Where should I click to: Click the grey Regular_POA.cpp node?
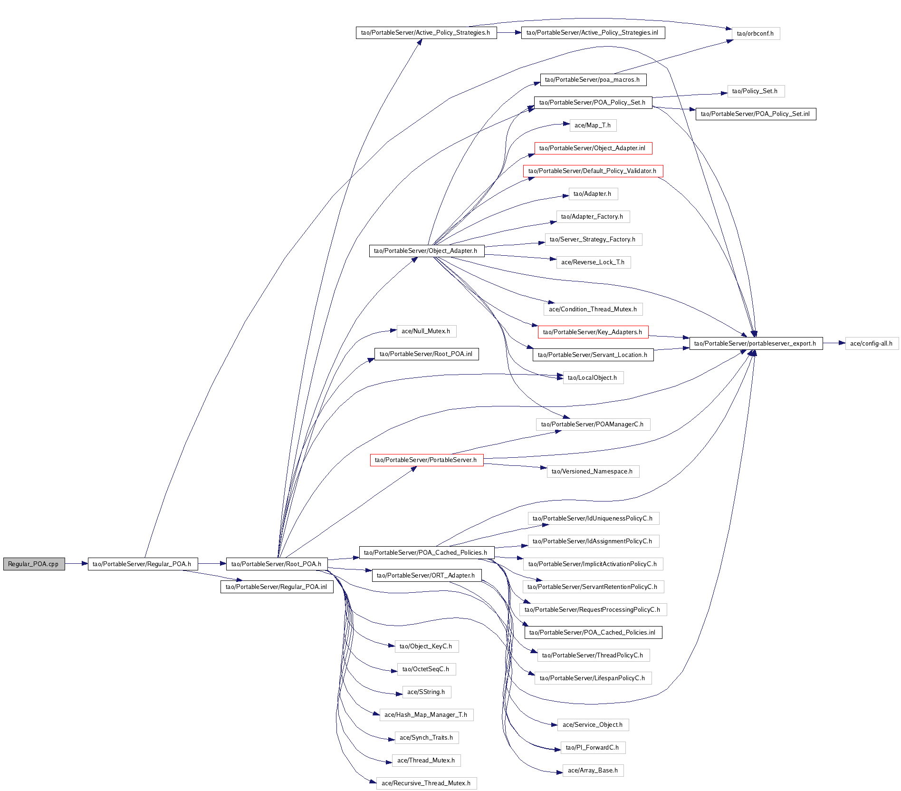[34, 564]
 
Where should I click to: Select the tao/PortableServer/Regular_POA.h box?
[143, 564]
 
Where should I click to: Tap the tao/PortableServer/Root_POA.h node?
[277, 564]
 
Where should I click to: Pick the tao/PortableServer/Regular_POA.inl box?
[277, 587]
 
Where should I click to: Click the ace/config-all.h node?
[872, 343]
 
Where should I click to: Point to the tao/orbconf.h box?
[756, 34]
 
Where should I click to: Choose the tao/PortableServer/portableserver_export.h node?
[756, 343]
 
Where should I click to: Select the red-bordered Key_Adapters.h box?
[593, 332]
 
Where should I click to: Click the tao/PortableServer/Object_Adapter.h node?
[426, 251]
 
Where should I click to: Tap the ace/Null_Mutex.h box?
[426, 331]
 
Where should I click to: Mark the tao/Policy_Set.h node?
[756, 91]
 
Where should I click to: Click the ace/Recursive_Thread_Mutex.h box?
[426, 783]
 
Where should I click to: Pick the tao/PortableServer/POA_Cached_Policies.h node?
[426, 553]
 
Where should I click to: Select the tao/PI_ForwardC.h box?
[593, 748]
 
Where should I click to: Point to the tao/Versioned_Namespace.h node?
[593, 472]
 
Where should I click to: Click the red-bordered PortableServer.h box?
[426, 460]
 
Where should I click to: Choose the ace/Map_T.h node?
[593, 125]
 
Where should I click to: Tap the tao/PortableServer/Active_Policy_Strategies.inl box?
[593, 33]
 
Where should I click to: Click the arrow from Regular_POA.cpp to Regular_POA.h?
[76, 564]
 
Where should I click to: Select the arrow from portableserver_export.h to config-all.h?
[834, 343]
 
